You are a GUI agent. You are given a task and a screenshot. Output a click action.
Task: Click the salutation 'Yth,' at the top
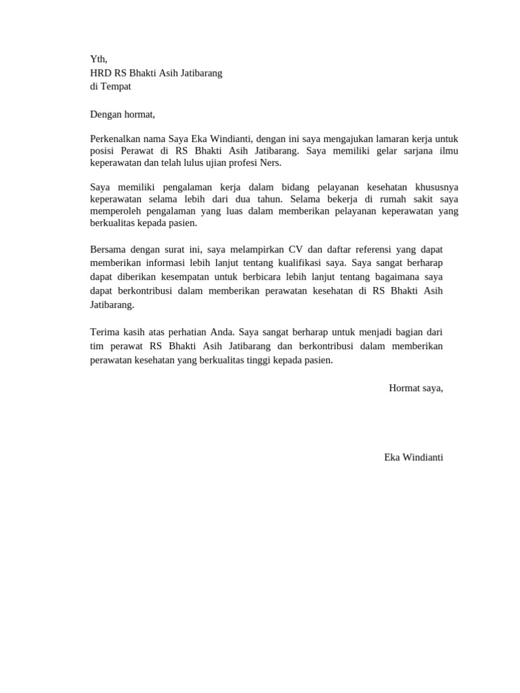click(99, 60)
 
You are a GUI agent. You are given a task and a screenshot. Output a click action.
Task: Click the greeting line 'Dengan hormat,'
click(123, 114)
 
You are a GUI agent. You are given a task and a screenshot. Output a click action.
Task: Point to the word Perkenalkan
click(116, 139)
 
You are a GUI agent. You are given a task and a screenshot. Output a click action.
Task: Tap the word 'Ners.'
click(269, 163)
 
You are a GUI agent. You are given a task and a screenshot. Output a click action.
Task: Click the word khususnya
click(434, 187)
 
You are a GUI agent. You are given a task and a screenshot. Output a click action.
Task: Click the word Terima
click(104, 332)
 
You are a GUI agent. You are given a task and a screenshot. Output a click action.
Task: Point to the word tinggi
click(274, 360)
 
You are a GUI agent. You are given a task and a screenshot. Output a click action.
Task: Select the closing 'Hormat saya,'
click(416, 388)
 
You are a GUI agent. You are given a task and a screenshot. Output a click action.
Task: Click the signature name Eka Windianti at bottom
click(413, 457)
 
